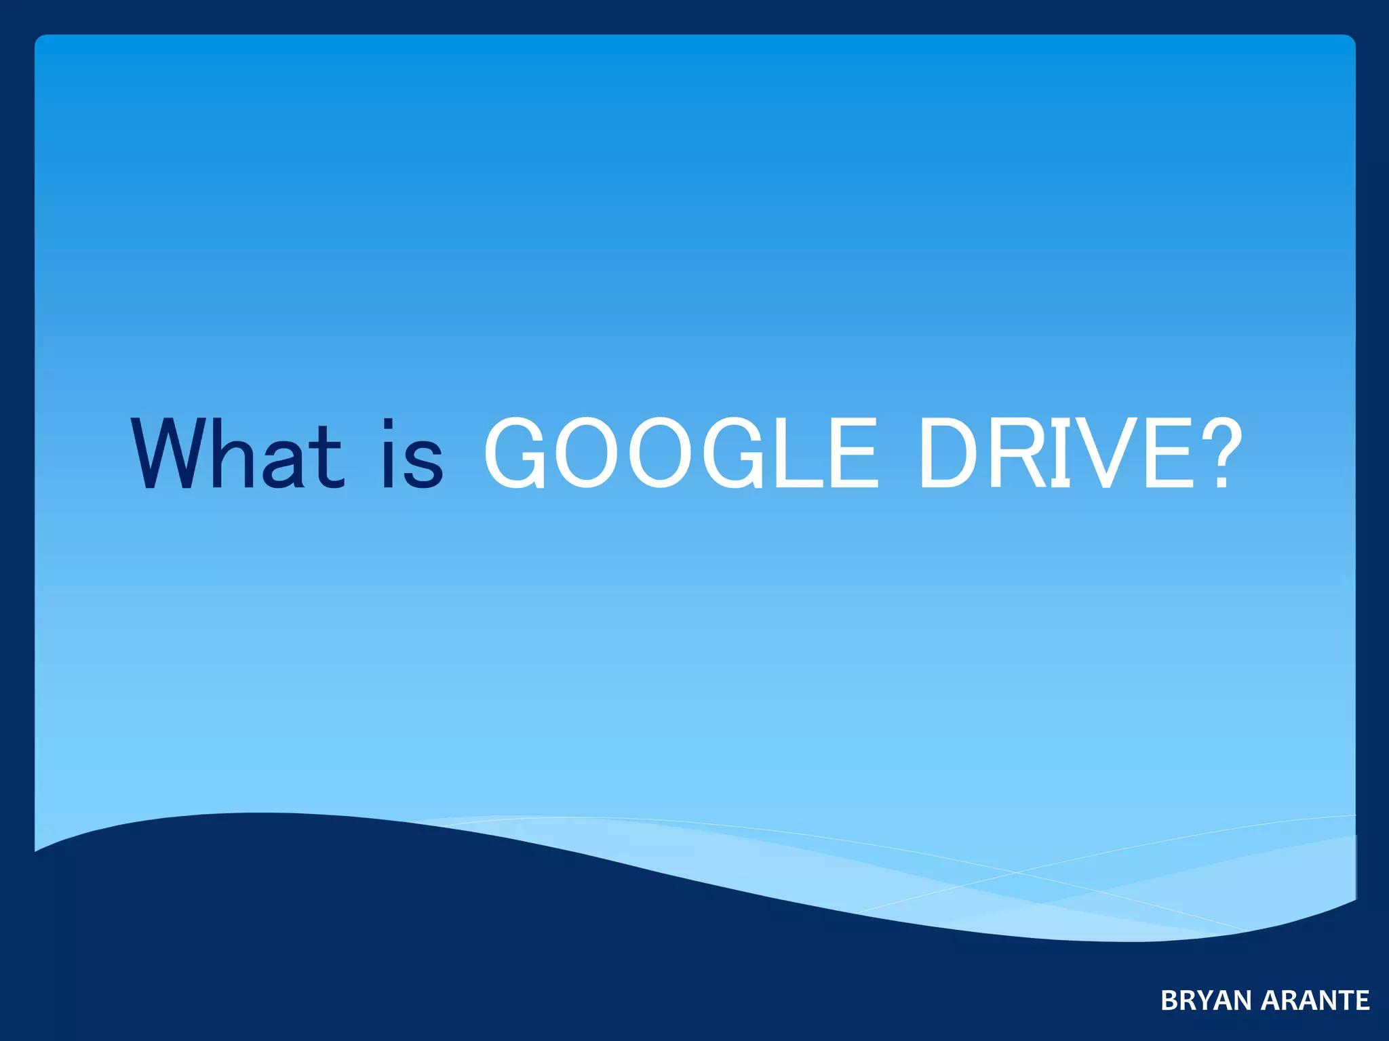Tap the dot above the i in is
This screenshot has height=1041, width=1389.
[x=389, y=424]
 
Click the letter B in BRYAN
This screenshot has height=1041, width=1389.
[x=1169, y=1000]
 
